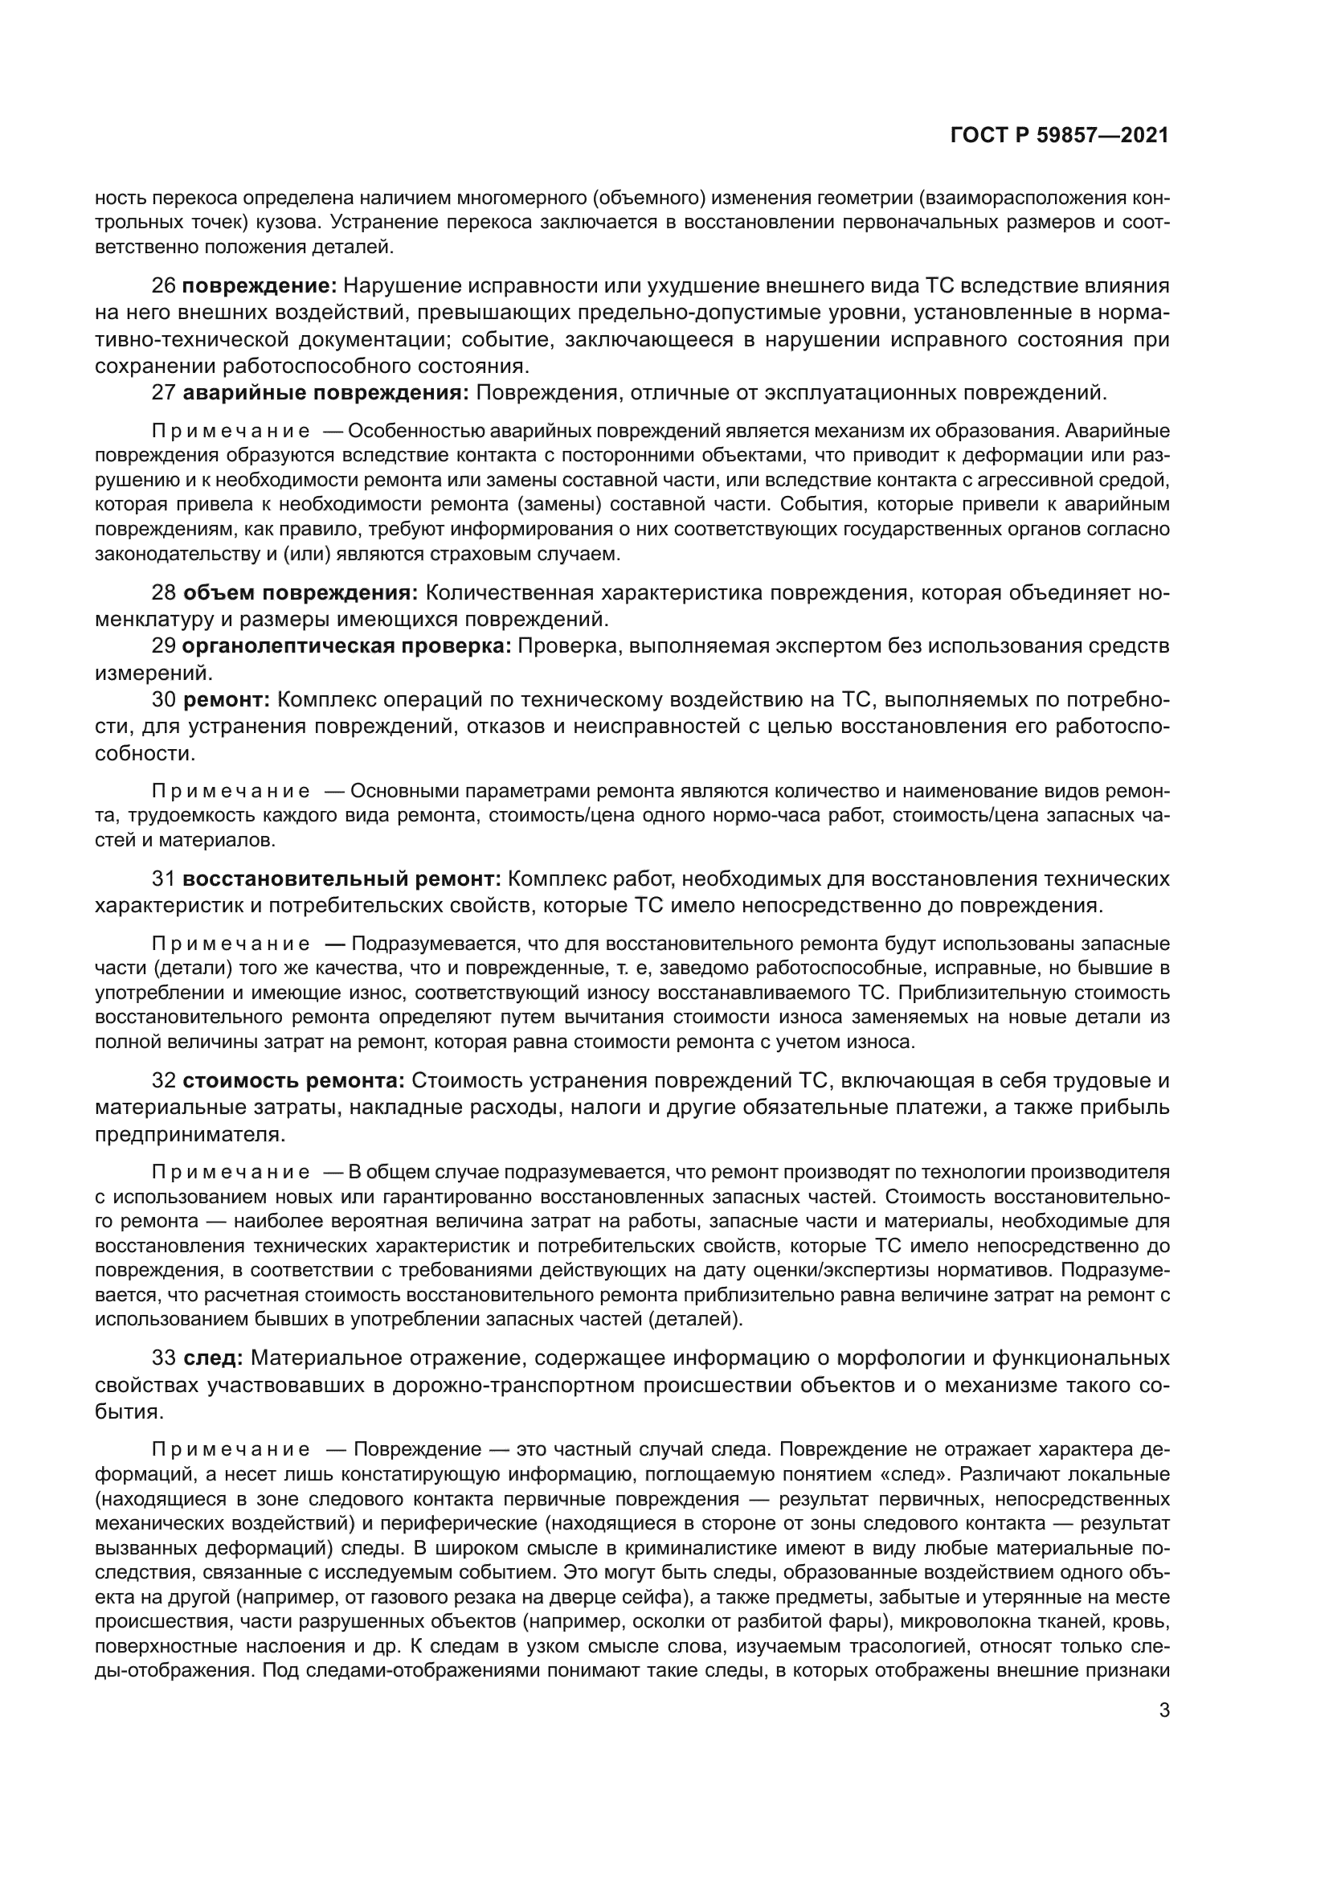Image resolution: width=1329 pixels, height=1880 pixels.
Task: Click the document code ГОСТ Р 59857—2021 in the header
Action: tap(1059, 136)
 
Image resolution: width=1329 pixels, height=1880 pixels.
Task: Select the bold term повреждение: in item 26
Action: tap(259, 286)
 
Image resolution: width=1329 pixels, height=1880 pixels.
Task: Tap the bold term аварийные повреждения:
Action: tap(325, 393)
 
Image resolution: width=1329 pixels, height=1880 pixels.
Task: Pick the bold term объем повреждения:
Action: tap(300, 593)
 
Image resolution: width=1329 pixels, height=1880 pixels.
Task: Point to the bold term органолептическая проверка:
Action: tap(346, 646)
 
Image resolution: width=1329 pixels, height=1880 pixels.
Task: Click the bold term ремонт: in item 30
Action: tap(226, 700)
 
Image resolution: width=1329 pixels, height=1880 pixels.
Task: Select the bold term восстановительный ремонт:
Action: tap(341, 879)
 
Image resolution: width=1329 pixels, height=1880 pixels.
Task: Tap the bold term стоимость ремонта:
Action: tap(293, 1081)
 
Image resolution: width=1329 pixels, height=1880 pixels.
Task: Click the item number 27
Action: tap(164, 393)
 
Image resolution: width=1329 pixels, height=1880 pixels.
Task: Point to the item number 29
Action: tap(164, 646)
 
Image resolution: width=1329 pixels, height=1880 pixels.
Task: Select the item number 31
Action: tap(164, 879)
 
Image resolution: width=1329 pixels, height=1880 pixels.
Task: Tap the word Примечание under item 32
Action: tap(231, 1172)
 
